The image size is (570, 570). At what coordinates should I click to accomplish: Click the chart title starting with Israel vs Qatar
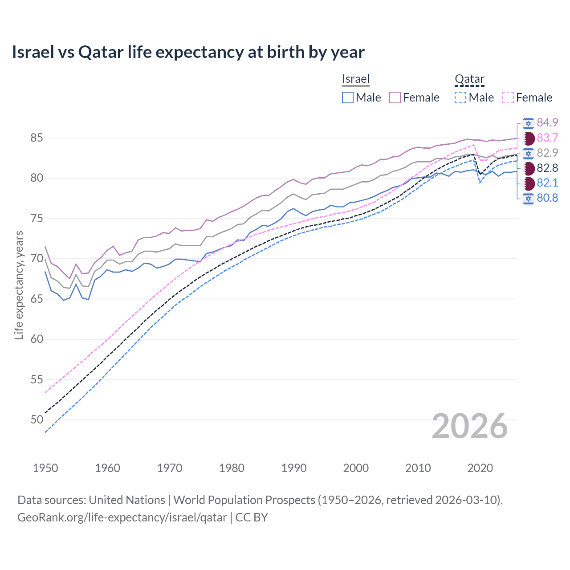click(188, 52)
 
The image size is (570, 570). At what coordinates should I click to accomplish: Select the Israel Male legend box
click(348, 98)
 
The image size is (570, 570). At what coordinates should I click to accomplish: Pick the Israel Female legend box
click(395, 98)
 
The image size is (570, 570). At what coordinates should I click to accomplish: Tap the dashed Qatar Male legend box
click(460, 98)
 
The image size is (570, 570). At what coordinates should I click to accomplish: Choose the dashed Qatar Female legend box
click(508, 98)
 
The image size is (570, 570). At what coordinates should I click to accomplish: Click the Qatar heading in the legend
click(469, 79)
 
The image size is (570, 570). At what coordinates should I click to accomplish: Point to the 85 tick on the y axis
click(37, 138)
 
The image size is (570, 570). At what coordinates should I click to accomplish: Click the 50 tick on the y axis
click(37, 419)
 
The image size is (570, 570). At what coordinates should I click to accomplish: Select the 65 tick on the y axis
click(37, 299)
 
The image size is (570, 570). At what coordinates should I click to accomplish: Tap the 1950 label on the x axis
click(45, 468)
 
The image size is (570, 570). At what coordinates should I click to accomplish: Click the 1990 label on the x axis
click(294, 468)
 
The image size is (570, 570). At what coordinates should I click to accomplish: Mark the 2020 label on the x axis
click(480, 468)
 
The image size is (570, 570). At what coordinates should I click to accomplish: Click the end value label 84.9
click(547, 123)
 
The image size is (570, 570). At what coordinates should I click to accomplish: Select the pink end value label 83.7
click(547, 138)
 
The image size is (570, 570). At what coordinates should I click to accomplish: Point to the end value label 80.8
click(547, 198)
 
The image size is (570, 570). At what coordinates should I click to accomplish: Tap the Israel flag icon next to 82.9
click(528, 153)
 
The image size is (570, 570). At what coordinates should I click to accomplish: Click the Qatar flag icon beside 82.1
click(528, 183)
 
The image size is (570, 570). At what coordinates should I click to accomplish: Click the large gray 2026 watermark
click(470, 426)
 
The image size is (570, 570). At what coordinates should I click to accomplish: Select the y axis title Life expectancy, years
click(19, 285)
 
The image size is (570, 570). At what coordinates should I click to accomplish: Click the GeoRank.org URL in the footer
click(122, 517)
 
